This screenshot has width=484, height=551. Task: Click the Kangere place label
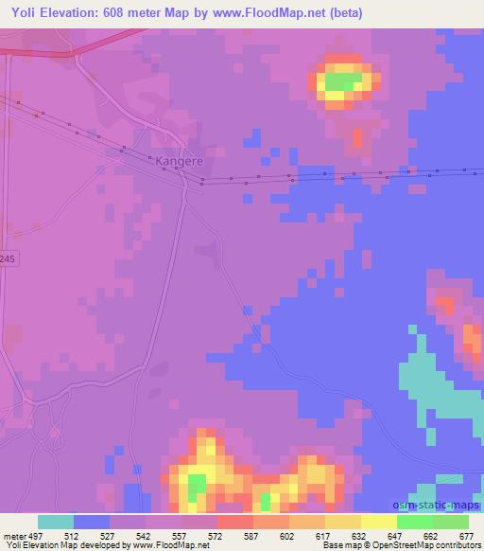(x=176, y=163)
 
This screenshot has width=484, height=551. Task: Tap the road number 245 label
(x=8, y=258)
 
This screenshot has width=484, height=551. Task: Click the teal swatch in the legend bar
(x=55, y=522)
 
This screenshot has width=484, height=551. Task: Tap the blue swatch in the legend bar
(x=91, y=522)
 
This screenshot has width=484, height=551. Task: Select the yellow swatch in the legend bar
(x=378, y=522)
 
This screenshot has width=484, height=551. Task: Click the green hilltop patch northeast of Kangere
(x=344, y=83)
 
